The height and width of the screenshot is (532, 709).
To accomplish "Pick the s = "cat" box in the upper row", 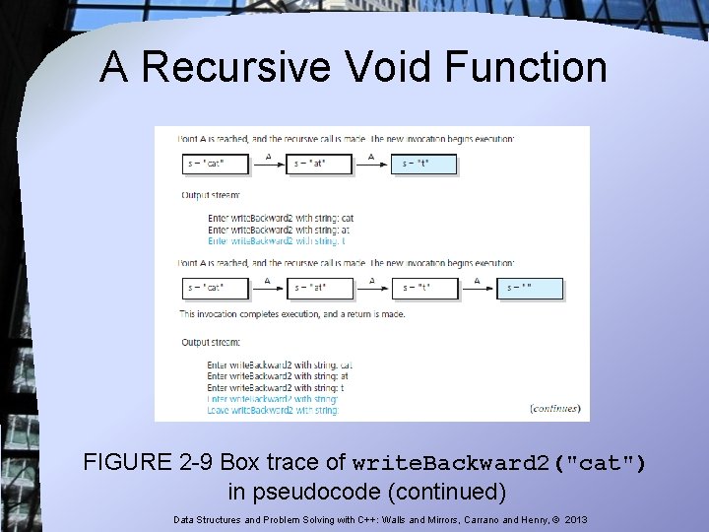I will (215, 164).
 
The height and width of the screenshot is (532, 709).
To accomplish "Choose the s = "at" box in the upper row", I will (321, 164).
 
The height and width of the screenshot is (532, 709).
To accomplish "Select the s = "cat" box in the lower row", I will (215, 289).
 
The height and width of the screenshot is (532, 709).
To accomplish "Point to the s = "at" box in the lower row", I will (321, 289).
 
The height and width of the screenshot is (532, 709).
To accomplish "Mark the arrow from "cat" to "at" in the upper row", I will (268, 165).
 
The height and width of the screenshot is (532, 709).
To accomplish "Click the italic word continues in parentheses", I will (555, 408).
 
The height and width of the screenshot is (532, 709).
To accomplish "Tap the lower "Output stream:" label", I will (211, 342).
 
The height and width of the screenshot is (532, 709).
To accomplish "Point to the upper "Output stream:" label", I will (211, 195).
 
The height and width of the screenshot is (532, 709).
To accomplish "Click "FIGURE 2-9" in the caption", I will (149, 462).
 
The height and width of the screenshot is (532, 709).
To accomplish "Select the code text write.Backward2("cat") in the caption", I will (498, 463).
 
